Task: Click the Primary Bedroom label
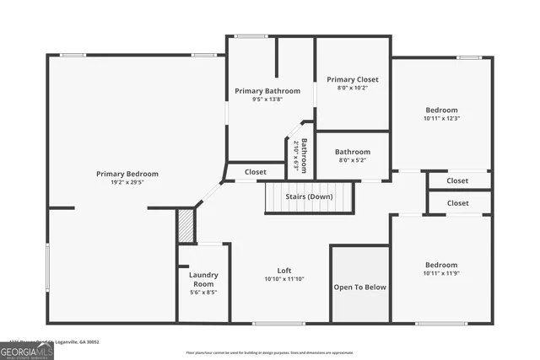[127, 174]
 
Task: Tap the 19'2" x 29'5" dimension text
[127, 182]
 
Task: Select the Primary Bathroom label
[267, 91]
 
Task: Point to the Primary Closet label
[353, 79]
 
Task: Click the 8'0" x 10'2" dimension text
[353, 88]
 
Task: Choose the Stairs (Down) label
[308, 196]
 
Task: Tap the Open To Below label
[359, 287]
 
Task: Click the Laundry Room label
[203, 279]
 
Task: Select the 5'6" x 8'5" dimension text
[203, 293]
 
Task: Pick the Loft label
[284, 271]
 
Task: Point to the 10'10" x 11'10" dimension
[284, 279]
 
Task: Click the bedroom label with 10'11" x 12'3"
[441, 110]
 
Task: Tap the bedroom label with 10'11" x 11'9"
[441, 264]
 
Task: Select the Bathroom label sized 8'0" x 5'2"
[353, 152]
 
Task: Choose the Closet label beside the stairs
[256, 172]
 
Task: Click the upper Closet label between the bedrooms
[457, 180]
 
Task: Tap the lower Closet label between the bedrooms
[457, 203]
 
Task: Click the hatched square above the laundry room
[186, 226]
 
